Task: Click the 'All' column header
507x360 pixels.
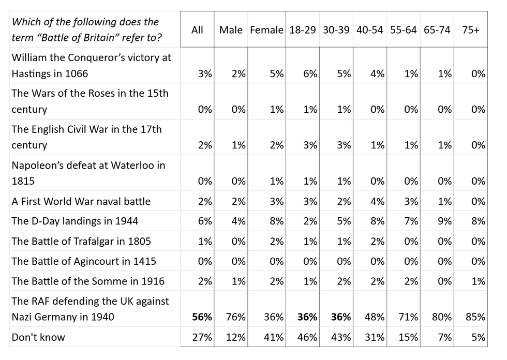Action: click(197, 30)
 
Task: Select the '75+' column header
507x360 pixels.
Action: click(470, 30)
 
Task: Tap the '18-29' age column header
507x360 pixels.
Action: click(302, 30)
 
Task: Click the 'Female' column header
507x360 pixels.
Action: click(266, 30)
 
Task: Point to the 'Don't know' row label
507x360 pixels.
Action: click(38, 338)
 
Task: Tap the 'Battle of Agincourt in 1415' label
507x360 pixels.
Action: click(84, 261)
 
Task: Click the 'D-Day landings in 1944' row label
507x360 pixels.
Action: click(75, 221)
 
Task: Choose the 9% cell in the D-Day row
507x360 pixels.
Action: click(445, 221)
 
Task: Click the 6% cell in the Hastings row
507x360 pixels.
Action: click(310, 73)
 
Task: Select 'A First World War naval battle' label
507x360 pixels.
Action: click(81, 201)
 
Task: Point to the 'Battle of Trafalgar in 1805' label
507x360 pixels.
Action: click(82, 241)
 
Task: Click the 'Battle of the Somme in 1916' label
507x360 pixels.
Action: click(88, 281)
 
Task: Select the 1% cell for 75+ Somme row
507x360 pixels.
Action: click(479, 281)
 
